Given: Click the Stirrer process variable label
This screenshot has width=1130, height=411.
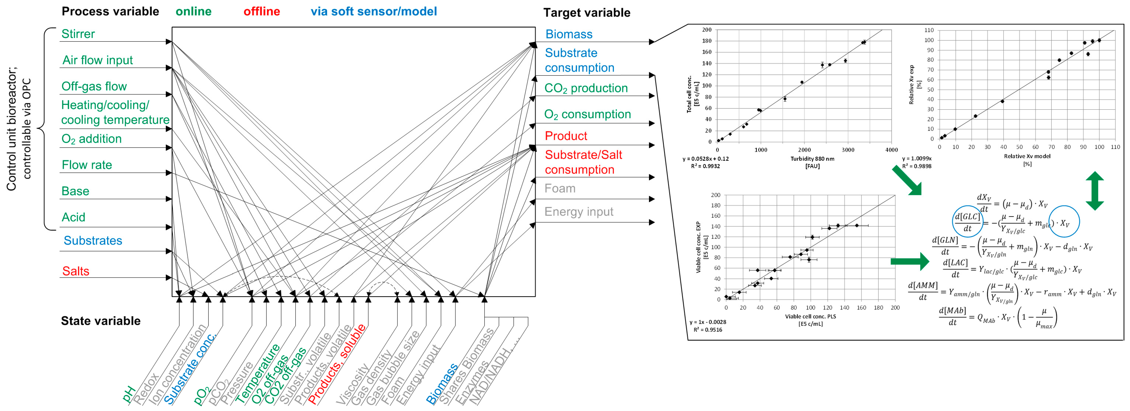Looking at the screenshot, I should coord(78,34).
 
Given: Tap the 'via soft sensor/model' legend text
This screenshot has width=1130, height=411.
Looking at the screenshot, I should coord(374,11).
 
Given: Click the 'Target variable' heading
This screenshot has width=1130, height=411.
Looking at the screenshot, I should coord(586,13).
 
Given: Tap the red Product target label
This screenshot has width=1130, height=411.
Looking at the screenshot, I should coord(566,136).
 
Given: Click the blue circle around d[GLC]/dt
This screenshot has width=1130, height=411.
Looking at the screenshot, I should coord(967,222).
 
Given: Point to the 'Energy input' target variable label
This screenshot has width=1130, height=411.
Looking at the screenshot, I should coord(579,212).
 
